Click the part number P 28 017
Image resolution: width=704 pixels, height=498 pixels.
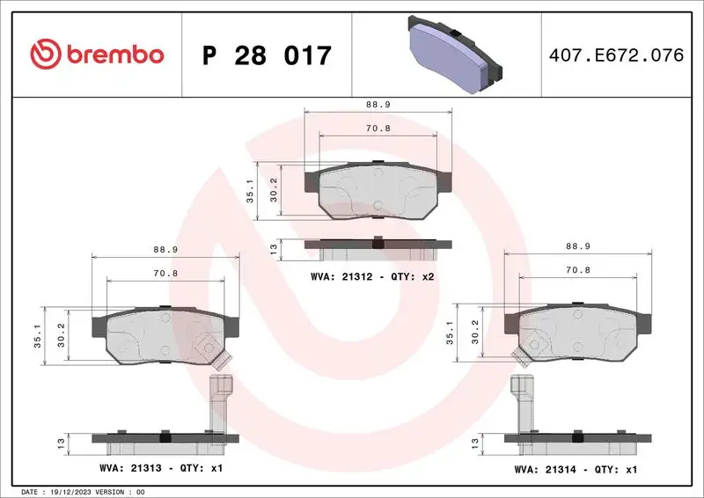267,55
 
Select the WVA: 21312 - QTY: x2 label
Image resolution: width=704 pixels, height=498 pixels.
373,277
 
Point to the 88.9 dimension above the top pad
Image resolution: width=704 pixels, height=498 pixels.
378,103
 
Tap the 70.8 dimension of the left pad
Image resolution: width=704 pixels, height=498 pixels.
165,274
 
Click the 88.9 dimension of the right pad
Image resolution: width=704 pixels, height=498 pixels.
577,247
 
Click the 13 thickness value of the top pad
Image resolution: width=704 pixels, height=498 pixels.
274,250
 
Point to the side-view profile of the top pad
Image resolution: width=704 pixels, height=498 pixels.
378,248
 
